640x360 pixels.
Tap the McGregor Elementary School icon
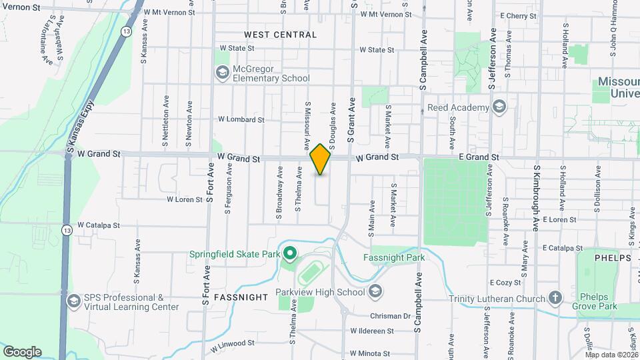click(x=222, y=72)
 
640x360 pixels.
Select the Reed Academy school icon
click(x=499, y=107)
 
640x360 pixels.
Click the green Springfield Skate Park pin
click(x=290, y=253)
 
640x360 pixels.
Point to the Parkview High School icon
click(x=376, y=291)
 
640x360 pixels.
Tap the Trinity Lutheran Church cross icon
click(x=555, y=298)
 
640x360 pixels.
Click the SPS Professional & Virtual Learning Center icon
click(x=73, y=302)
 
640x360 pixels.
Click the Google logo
click(x=22, y=351)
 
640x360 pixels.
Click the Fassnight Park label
click(x=394, y=258)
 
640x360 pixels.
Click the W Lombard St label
click(x=241, y=120)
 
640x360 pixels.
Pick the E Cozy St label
click(x=505, y=283)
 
